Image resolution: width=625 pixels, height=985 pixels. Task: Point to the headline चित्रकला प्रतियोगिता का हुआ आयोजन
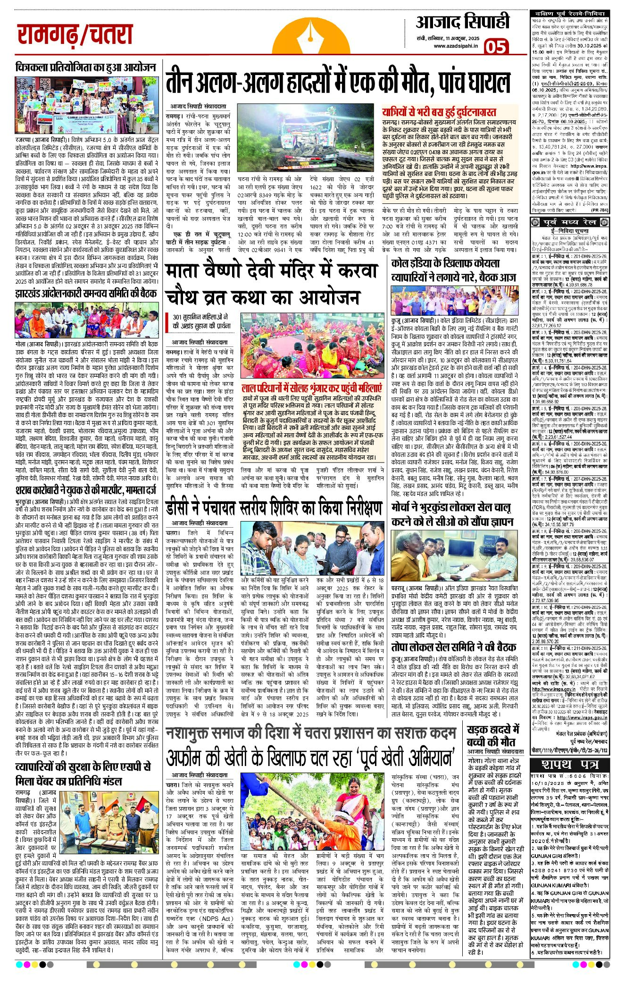click(85, 67)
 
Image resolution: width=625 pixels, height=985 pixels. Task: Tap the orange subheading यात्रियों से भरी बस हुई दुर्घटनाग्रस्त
click(439, 112)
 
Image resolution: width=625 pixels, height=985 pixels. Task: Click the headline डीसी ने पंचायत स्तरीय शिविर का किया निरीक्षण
click(274, 507)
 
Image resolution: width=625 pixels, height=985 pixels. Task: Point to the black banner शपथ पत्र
click(570, 764)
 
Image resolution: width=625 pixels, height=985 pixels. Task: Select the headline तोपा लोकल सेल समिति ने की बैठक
click(453, 647)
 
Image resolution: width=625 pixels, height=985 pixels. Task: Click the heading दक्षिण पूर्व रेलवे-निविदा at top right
click(570, 14)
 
